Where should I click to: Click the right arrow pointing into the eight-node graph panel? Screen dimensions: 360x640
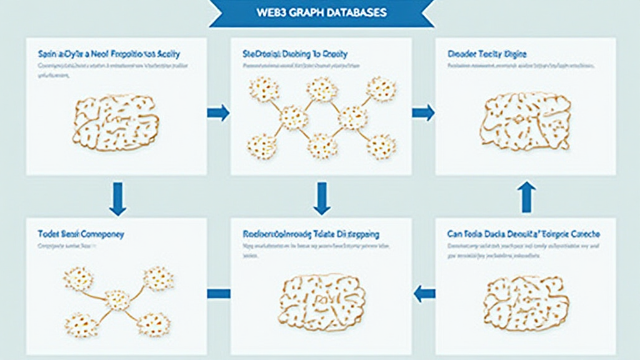[218, 113]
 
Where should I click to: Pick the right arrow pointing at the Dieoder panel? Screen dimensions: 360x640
[423, 113]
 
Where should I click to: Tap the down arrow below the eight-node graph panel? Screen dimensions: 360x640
[322, 198]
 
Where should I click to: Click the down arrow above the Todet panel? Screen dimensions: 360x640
[117, 198]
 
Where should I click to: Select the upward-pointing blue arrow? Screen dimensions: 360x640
[527, 197]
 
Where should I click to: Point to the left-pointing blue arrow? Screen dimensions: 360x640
[425, 292]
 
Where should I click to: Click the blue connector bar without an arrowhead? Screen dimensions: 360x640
[219, 293]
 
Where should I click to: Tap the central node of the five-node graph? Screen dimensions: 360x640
[117, 299]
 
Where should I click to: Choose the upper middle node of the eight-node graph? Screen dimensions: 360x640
[322, 89]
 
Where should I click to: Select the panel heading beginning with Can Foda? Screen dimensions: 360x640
[524, 234]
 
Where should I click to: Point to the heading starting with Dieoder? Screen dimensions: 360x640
[487, 54]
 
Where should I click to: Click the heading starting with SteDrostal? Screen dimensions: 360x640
[294, 54]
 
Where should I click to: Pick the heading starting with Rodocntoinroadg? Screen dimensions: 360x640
[310, 234]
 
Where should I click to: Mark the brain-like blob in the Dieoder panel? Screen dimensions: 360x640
[526, 122]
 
